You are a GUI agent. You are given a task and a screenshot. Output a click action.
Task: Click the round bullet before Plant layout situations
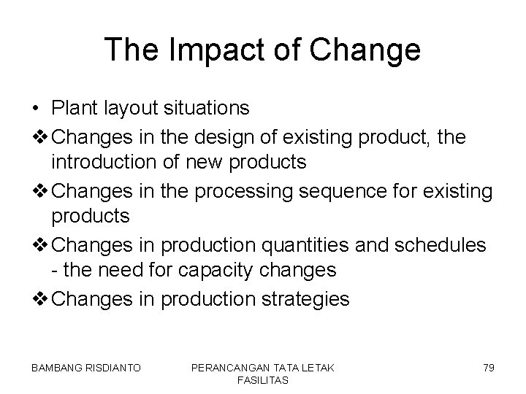click(x=36, y=109)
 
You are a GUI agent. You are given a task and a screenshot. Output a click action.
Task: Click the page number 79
click(x=488, y=368)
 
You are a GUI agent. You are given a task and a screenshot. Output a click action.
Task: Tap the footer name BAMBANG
click(x=57, y=368)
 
